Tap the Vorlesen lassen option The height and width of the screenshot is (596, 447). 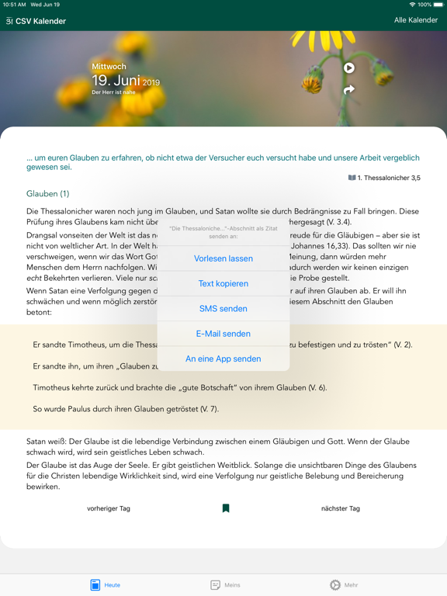point(223,258)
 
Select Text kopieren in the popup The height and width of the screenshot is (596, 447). point(223,283)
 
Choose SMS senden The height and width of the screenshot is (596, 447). point(223,309)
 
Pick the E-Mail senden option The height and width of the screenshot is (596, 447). point(223,334)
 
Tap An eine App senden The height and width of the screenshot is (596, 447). point(223,359)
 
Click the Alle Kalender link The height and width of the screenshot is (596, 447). point(416,20)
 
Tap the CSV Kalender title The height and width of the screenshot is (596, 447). point(40,21)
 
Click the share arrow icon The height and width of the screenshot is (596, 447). point(349,90)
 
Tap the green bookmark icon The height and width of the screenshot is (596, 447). point(226,508)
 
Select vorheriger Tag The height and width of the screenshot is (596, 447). point(109,508)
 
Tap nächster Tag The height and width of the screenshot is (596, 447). point(341,508)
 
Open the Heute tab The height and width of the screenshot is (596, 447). point(105,584)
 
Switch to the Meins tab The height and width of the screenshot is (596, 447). point(225,584)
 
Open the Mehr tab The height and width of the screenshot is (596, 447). point(344,584)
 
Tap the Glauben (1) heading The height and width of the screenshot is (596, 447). point(48,193)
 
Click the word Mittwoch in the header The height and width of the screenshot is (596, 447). point(109,68)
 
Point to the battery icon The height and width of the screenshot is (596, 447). point(438,5)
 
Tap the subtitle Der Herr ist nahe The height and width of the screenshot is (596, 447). point(113,93)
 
